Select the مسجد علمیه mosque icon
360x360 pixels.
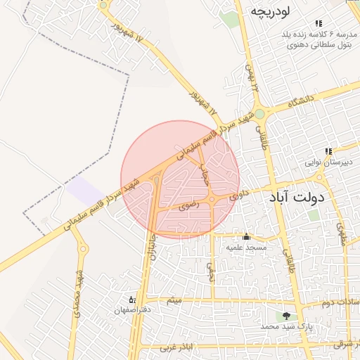(x=246, y=237)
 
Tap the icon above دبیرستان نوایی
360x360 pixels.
(x=328, y=151)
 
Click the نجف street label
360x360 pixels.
(x=209, y=269)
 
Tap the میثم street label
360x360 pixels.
(x=174, y=300)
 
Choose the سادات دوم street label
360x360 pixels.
(x=335, y=302)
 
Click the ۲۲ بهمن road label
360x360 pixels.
(x=250, y=77)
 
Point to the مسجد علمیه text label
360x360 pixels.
(x=246, y=248)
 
